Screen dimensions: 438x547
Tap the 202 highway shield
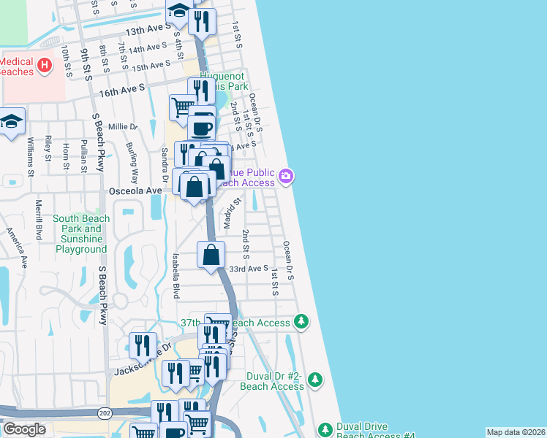coord(105,413)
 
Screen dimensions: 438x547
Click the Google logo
coord(24,429)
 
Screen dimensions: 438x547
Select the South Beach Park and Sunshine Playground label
coord(80,234)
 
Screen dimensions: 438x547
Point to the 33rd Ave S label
coord(248,269)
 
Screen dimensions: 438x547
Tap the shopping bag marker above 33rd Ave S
coord(211,255)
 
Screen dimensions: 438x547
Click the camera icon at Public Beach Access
coord(286,176)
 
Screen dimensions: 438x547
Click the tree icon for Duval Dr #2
coord(314,380)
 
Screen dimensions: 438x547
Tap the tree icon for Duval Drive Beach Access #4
coord(325,429)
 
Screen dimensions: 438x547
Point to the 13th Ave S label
coord(146,32)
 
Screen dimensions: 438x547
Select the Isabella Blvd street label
coord(175,276)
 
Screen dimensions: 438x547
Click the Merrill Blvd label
coord(38,219)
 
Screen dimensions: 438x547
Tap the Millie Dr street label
coord(122,126)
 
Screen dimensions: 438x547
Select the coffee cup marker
coord(202,128)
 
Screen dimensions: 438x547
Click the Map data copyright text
coord(516,432)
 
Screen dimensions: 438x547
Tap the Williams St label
coord(31,157)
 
